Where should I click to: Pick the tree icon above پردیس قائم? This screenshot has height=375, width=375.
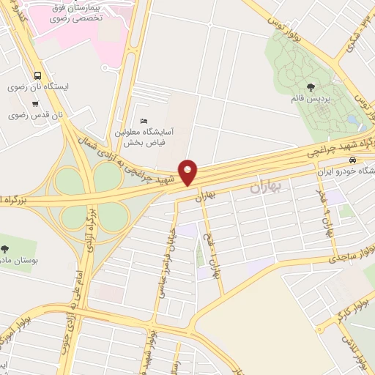[311, 87]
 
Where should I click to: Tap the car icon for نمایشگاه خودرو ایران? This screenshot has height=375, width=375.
[354, 160]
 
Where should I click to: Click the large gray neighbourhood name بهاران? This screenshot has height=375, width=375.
[265, 187]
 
